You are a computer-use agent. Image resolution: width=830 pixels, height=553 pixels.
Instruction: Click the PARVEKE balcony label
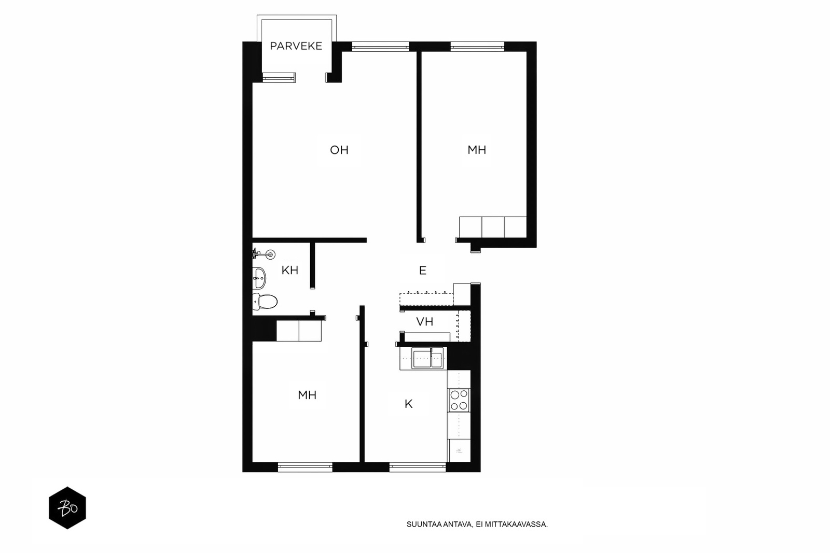tap(296, 46)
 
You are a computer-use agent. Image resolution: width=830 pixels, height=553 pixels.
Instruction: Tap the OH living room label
tap(339, 150)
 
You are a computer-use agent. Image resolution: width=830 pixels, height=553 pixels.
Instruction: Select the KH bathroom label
tap(290, 270)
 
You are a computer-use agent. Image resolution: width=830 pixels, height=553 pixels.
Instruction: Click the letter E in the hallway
tap(423, 271)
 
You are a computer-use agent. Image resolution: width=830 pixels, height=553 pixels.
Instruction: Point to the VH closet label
tap(425, 322)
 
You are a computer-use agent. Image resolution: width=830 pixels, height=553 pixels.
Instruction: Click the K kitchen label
tap(408, 404)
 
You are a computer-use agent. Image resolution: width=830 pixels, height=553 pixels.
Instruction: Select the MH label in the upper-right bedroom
tap(477, 150)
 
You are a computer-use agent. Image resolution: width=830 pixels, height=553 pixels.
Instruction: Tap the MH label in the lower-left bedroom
tap(307, 395)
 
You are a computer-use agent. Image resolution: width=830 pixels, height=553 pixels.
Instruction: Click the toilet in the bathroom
tap(265, 302)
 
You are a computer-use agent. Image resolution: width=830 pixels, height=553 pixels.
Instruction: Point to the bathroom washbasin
tap(259, 278)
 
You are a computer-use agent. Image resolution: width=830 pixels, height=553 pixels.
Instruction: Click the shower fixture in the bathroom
tap(265, 254)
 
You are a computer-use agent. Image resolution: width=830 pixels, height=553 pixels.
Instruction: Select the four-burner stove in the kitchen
tap(459, 400)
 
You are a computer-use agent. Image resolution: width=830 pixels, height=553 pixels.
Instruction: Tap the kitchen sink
tap(427, 358)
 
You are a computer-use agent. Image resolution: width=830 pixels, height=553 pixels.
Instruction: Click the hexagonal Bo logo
tap(67, 507)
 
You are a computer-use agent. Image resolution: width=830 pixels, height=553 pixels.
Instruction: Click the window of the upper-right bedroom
tap(477, 47)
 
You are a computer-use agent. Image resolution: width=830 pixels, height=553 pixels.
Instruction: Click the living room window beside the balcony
tap(380, 47)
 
